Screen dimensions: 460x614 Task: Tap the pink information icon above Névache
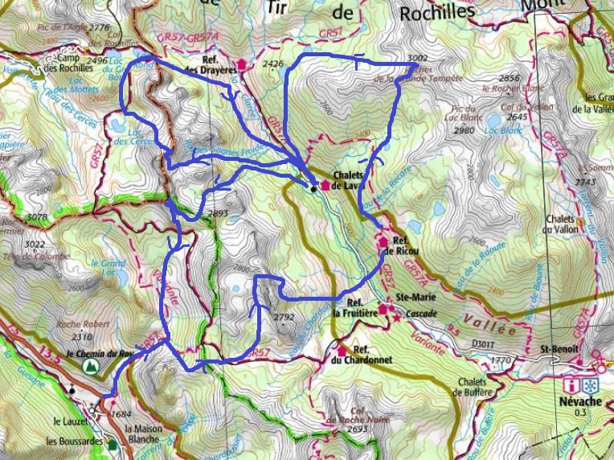[571, 385]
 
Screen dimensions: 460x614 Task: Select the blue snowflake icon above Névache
[590, 385]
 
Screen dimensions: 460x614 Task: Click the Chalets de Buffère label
[470, 387]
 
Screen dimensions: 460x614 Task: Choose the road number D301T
[484, 344]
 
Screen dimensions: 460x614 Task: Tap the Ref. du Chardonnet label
[372, 355]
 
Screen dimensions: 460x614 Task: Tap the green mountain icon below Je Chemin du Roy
[92, 366]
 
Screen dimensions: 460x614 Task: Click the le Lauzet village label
[69, 421]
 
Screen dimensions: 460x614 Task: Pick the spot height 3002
[417, 59]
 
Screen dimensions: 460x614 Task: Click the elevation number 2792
[284, 317]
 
